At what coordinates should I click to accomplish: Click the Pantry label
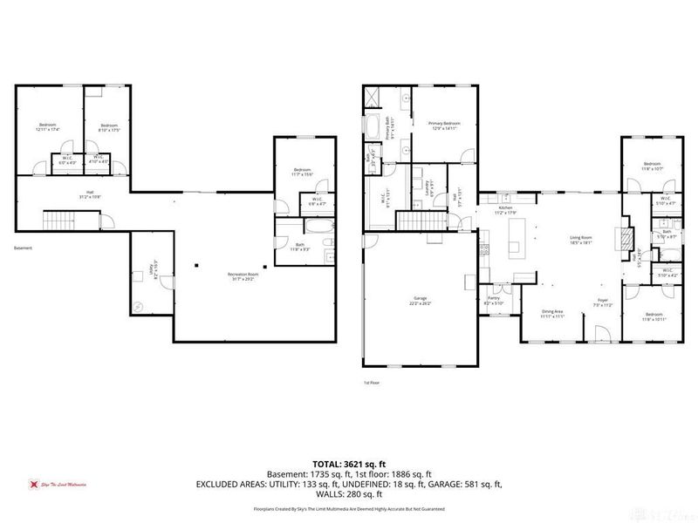pyautogui.click(x=494, y=301)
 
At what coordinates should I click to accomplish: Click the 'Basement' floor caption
pyautogui.click(x=23, y=248)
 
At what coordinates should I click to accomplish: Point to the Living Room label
pyautogui.click(x=581, y=239)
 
